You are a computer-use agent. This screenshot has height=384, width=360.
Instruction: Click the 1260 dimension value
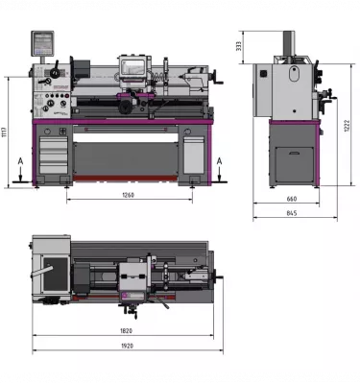coord(129,196)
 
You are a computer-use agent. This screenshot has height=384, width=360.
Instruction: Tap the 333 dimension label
coord(238,45)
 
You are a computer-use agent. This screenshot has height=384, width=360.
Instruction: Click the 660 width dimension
coord(291,200)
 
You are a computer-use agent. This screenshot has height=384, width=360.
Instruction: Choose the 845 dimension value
coord(291,213)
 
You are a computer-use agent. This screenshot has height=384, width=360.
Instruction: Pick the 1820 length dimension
coord(127,329)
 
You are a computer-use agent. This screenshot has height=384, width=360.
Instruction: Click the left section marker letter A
coord(19,161)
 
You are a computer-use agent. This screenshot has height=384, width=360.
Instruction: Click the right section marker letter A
coord(221,161)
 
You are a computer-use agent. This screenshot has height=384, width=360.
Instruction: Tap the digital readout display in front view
coord(42,42)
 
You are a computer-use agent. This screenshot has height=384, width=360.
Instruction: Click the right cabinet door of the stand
coord(193,154)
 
